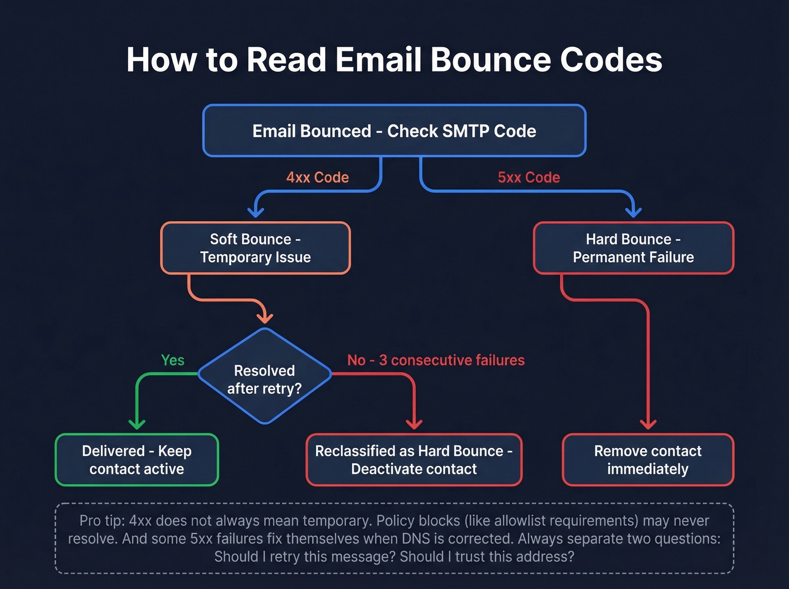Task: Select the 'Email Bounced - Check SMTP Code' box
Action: pyautogui.click(x=394, y=131)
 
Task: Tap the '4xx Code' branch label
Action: pyautogui.click(x=317, y=178)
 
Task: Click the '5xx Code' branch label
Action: pyautogui.click(x=529, y=178)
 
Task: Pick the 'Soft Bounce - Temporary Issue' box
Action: pyautogui.click(x=255, y=248)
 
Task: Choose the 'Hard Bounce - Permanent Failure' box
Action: pyautogui.click(x=633, y=248)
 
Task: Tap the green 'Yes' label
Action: pyautogui.click(x=172, y=360)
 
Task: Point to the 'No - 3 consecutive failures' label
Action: pyautogui.click(x=436, y=360)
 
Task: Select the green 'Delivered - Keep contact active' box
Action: pyautogui.click(x=137, y=460)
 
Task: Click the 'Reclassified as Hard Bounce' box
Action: pyautogui.click(x=414, y=460)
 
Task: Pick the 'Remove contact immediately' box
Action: pyautogui.click(x=648, y=460)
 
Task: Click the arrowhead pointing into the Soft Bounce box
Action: pyautogui.click(x=256, y=212)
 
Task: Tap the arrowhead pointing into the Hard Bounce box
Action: pyautogui.click(x=633, y=212)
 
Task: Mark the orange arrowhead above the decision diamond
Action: pyautogui.click(x=264, y=318)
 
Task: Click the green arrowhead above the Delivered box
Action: pyautogui.click(x=137, y=424)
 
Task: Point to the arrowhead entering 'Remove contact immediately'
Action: pyautogui.click(x=648, y=424)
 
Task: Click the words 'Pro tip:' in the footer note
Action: pyautogui.click(x=101, y=521)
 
